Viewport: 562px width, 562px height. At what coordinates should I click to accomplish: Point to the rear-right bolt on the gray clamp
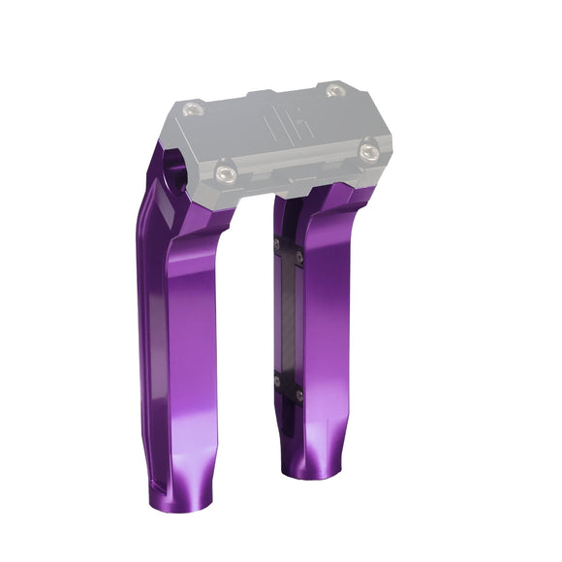click(334, 91)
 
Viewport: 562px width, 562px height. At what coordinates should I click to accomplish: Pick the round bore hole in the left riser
click(177, 175)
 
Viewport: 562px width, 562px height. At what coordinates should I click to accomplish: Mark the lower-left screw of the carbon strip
click(276, 381)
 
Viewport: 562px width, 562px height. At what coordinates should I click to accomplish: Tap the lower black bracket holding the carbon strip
click(287, 387)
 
